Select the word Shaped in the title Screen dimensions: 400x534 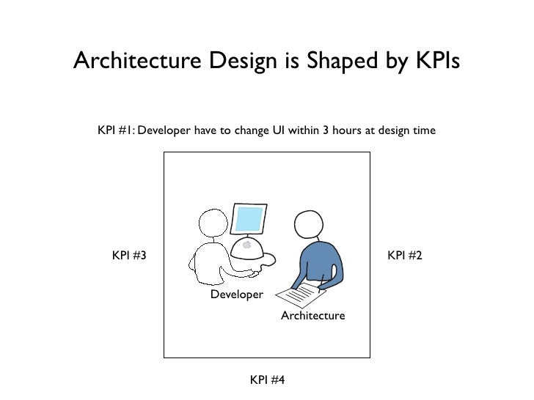coord(323,62)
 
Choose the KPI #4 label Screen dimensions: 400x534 coord(267,379)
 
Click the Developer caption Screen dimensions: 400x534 coord(236,294)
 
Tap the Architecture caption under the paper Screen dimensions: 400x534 coord(312,315)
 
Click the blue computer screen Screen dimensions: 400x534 coord(248,218)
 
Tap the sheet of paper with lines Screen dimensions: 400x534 coord(301,295)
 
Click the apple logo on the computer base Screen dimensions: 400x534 coord(247,245)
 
